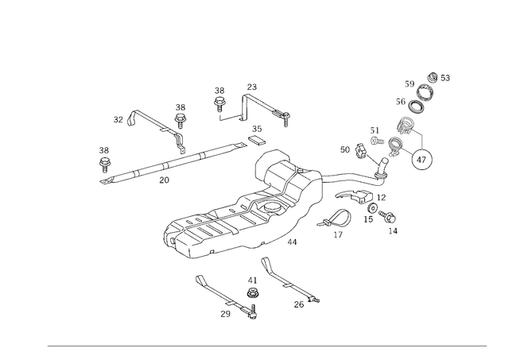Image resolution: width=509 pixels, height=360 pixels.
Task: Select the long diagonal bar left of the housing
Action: point(171,162)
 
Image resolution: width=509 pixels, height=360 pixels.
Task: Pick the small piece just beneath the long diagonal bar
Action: point(165,179)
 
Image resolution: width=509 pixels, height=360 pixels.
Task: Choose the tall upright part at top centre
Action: point(220,102)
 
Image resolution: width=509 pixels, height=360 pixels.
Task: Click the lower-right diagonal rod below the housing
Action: point(286,281)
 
